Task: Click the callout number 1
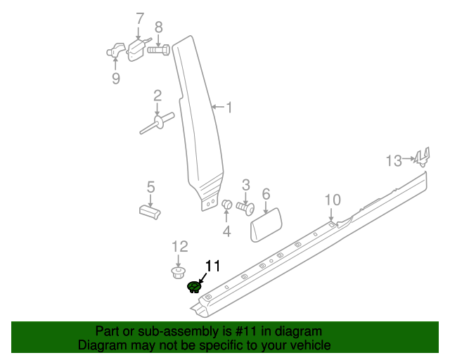coord(229,108)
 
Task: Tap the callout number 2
coord(157,96)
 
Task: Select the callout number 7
coord(139,18)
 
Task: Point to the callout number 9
coord(116,78)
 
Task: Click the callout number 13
coord(394,161)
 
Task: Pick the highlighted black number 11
coord(212,265)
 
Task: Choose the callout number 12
coord(180,246)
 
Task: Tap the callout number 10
coord(332,200)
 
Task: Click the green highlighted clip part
coord(194,286)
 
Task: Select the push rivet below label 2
coord(157,125)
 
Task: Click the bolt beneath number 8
coord(158,50)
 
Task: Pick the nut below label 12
coord(179,271)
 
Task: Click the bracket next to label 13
coord(421,158)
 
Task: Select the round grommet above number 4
coord(227,205)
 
